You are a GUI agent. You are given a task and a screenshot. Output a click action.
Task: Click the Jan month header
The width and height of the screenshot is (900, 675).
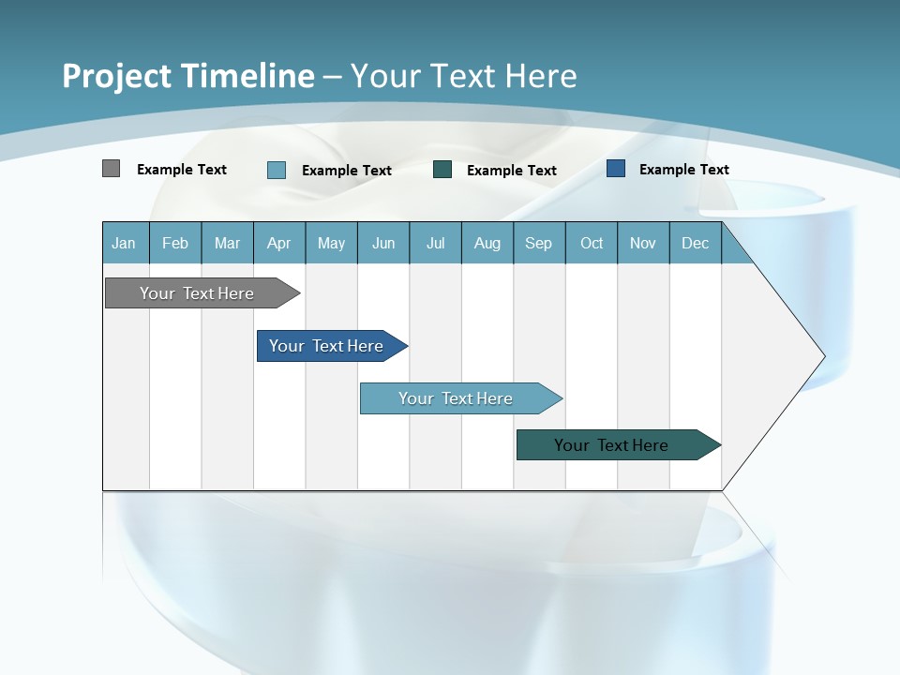[x=125, y=243]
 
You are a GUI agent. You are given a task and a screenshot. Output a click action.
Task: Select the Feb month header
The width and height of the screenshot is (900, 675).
[x=175, y=243]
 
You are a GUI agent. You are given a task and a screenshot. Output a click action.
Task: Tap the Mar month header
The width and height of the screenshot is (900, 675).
[x=227, y=243]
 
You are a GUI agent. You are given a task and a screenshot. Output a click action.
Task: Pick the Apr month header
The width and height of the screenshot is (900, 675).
[x=279, y=243]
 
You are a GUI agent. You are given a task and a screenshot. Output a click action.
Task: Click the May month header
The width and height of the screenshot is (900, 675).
[x=331, y=243]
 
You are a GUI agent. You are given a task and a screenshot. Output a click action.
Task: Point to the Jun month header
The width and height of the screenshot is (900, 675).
[x=383, y=243]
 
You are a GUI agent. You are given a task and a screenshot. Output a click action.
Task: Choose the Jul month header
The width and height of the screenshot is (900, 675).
[x=435, y=243]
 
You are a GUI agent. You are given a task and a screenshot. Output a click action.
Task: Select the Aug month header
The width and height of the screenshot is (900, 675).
[x=487, y=243]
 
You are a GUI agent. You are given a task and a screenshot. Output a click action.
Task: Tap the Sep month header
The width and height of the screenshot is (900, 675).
[x=539, y=243]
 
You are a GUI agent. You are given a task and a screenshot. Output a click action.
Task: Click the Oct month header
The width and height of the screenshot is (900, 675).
[x=592, y=243]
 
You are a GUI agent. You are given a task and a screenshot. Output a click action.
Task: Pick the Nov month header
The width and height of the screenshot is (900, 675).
[x=643, y=243]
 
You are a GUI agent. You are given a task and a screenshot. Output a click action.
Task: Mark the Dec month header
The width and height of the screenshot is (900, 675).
[x=696, y=243]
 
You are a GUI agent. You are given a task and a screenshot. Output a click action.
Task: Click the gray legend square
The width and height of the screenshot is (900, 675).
[x=112, y=169]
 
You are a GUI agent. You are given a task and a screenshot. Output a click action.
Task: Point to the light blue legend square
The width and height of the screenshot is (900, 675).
[x=277, y=170]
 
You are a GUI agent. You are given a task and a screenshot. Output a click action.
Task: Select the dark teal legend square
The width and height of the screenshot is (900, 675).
[x=442, y=170]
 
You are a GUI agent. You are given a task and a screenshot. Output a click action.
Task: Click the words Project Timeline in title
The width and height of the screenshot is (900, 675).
[x=188, y=76]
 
